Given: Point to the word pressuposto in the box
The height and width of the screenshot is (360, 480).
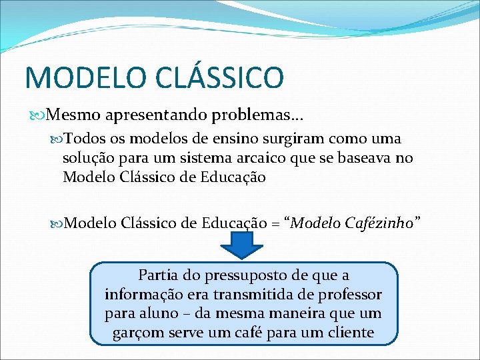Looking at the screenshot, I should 231,275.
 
